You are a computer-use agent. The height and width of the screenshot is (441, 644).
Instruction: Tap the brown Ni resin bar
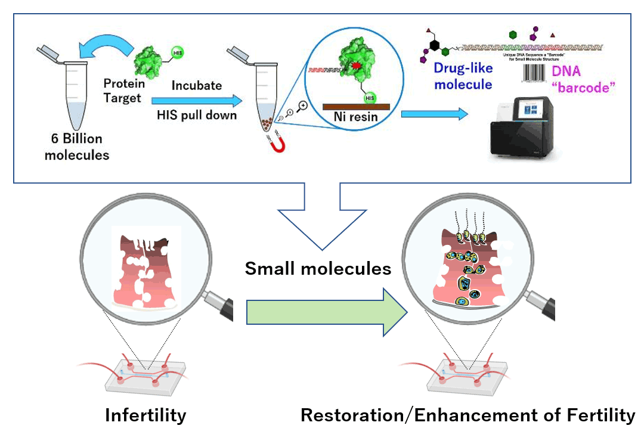pyautogui.click(x=356, y=107)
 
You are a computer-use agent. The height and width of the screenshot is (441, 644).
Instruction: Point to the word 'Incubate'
pyautogui.click(x=196, y=85)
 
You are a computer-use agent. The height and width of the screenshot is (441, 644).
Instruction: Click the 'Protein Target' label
pyautogui.click(x=124, y=90)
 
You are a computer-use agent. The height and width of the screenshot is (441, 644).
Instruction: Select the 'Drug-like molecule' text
pyautogui.click(x=463, y=76)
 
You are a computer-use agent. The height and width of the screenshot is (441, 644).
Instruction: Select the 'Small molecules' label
pyautogui.click(x=318, y=269)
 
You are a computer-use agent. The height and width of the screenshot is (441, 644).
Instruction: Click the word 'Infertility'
pyautogui.click(x=145, y=415)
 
